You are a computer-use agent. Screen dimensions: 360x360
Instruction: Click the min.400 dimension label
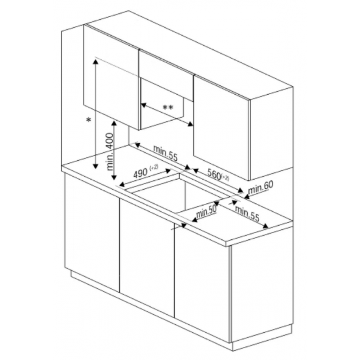click(x=110, y=152)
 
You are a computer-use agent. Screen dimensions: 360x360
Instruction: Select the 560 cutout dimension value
click(x=214, y=174)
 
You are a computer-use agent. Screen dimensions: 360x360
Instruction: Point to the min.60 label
click(x=261, y=187)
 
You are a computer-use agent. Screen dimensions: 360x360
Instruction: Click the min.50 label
click(x=206, y=212)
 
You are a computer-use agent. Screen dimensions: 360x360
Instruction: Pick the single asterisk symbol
click(x=89, y=120)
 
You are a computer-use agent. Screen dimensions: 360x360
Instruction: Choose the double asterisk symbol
click(x=168, y=107)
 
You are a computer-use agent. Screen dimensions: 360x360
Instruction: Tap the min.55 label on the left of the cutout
click(x=165, y=153)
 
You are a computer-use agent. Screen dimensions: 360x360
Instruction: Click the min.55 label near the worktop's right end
click(x=247, y=213)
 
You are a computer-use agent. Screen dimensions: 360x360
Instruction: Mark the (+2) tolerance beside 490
click(x=154, y=167)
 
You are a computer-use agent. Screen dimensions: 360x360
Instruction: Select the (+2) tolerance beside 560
click(x=225, y=178)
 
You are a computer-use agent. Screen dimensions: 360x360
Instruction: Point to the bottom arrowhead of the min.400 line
click(x=114, y=177)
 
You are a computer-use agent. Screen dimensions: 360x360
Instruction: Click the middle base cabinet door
click(x=147, y=258)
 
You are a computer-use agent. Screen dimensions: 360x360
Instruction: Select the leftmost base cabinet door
click(x=92, y=232)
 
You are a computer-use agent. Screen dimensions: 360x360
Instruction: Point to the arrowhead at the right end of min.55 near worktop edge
click(x=265, y=226)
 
